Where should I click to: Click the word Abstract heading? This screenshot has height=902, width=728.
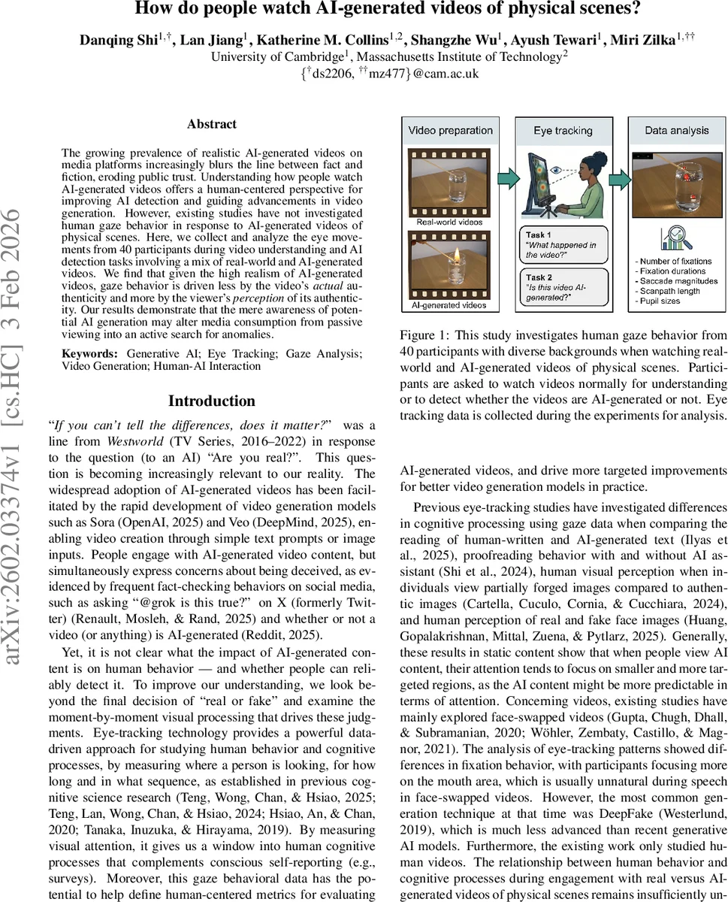coord(212,125)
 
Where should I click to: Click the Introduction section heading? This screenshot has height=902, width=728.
coord(212,401)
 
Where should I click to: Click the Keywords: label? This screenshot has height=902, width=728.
coord(89,353)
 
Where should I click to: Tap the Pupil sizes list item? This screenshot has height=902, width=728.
coord(660,301)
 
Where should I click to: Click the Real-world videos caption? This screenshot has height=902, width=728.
coord(449,222)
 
